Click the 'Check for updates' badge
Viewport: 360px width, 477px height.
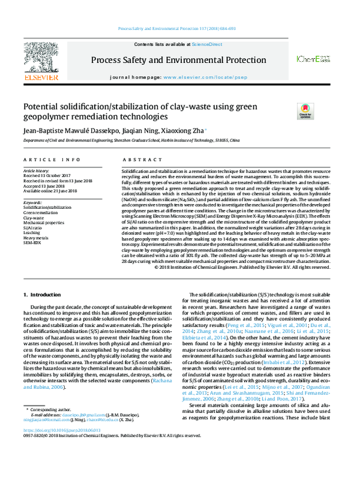288,111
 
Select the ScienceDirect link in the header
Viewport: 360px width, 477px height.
207,45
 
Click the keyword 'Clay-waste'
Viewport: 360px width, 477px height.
34,218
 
